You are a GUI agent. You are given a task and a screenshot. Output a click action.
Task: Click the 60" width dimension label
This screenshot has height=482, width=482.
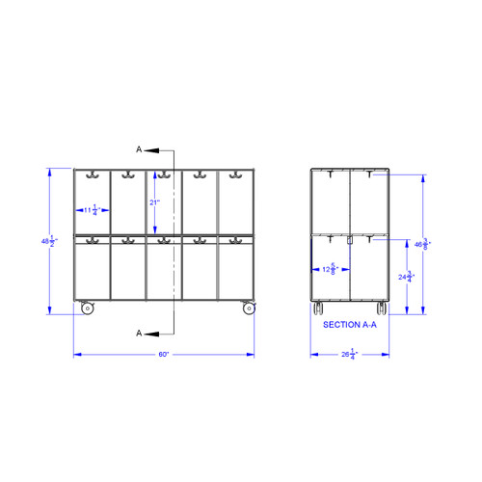coord(164,355)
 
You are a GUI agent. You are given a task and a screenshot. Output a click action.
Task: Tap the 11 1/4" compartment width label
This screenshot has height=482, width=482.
coord(92,209)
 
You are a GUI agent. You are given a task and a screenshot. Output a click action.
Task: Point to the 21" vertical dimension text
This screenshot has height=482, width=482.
coord(153,202)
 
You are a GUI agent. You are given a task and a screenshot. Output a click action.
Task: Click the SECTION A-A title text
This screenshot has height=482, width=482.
coord(350,325)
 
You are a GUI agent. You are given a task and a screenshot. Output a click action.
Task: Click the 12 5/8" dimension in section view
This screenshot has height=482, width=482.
coord(331,269)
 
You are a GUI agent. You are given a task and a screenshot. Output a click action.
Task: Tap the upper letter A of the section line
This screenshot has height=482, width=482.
coord(140,150)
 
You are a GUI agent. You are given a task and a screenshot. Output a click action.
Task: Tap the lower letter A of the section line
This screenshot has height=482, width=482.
coord(140,332)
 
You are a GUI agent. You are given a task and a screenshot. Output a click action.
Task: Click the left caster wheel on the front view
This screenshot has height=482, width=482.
coord(87,308)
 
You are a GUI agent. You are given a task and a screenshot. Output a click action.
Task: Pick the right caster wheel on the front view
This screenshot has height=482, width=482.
coord(249,308)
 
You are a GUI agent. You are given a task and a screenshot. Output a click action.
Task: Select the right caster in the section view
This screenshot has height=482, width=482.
coord(381,308)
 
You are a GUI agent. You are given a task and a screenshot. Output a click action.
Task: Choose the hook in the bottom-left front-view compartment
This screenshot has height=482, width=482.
coord(93,241)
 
